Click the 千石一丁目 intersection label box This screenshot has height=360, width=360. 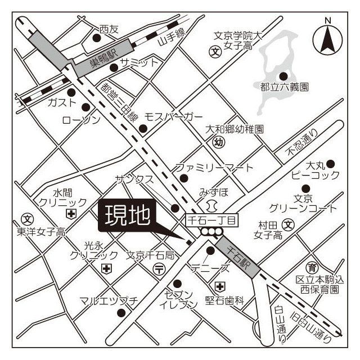click(213, 219)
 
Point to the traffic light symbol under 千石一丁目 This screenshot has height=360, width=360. click(212, 231)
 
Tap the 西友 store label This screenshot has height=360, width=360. click(109, 29)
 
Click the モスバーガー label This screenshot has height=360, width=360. click(173, 117)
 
